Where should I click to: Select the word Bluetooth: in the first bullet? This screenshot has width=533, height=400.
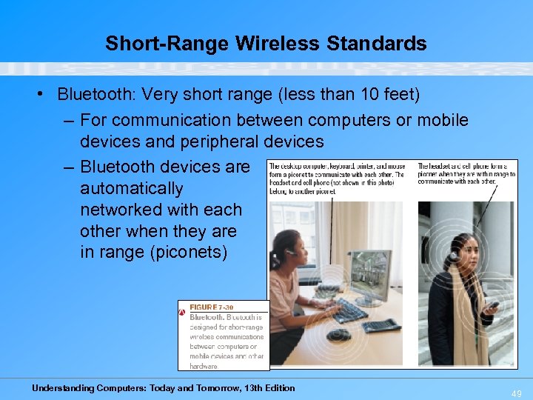(x=96, y=95)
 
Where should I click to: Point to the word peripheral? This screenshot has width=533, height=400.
(x=211, y=141)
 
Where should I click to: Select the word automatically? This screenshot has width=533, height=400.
(x=131, y=189)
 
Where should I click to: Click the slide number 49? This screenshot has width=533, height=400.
(x=515, y=393)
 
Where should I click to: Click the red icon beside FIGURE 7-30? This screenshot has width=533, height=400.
(x=182, y=312)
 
